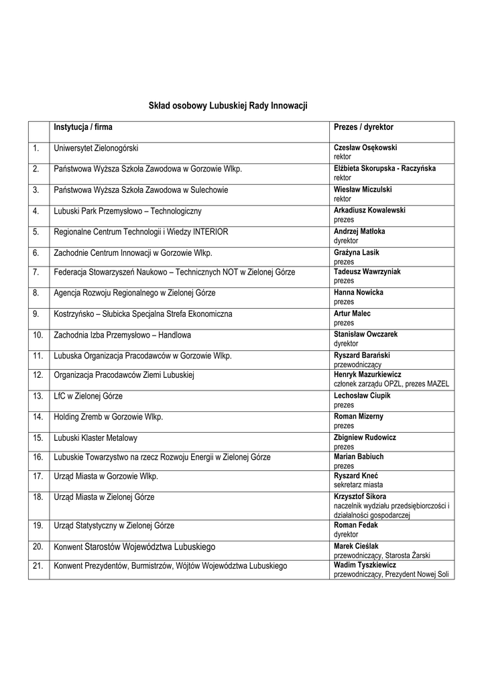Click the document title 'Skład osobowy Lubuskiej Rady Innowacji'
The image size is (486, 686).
pos(227,106)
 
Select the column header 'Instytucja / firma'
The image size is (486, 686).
pos(83,127)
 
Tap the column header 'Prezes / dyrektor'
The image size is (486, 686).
pos(363,127)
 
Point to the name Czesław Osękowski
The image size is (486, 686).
pos(366,147)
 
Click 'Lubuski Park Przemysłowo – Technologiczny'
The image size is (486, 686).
pos(127,211)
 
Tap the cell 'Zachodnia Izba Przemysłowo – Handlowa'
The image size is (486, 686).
pos(123,334)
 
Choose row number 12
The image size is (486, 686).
pos(38,375)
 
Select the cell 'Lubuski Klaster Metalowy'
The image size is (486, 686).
pos(95,437)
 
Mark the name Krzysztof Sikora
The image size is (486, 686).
pos(365,496)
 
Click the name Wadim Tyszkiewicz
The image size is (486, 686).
pos(365,565)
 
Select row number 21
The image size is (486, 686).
pos(38,566)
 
